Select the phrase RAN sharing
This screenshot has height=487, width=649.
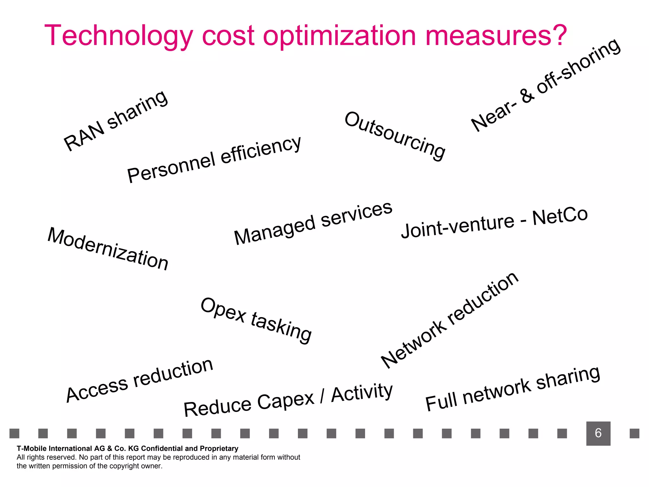tap(116, 120)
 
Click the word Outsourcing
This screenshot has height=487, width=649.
tap(395, 136)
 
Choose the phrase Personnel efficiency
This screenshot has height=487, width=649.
tap(214, 159)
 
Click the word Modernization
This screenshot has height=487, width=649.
tap(108, 249)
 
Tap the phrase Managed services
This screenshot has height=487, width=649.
tap(313, 223)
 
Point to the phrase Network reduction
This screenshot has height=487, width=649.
tap(449, 320)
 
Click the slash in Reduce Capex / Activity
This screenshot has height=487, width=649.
tap(322, 396)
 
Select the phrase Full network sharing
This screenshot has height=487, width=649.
tap(512, 389)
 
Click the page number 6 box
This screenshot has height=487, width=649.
tap(598, 433)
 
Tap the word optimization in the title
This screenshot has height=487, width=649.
tap(339, 36)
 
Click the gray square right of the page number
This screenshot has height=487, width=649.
tap(634, 433)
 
